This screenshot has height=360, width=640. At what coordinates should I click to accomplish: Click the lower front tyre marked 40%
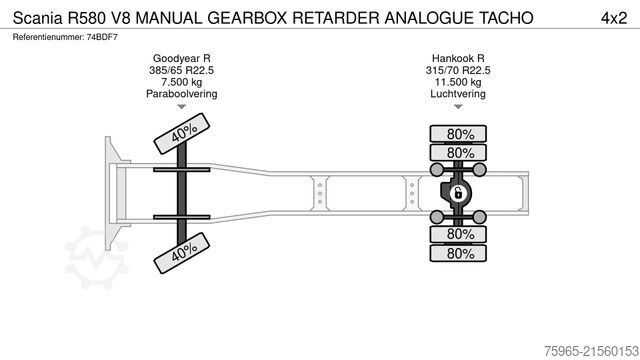[182, 255]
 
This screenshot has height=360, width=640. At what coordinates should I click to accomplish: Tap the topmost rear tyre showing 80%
[461, 134]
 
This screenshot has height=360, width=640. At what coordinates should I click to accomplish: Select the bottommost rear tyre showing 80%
[461, 253]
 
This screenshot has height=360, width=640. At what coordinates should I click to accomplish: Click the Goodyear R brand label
[181, 60]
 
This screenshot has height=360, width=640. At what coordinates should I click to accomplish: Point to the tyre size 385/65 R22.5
[181, 71]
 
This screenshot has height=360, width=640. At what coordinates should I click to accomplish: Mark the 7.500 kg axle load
[181, 83]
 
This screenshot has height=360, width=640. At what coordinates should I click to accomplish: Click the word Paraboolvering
[181, 95]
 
